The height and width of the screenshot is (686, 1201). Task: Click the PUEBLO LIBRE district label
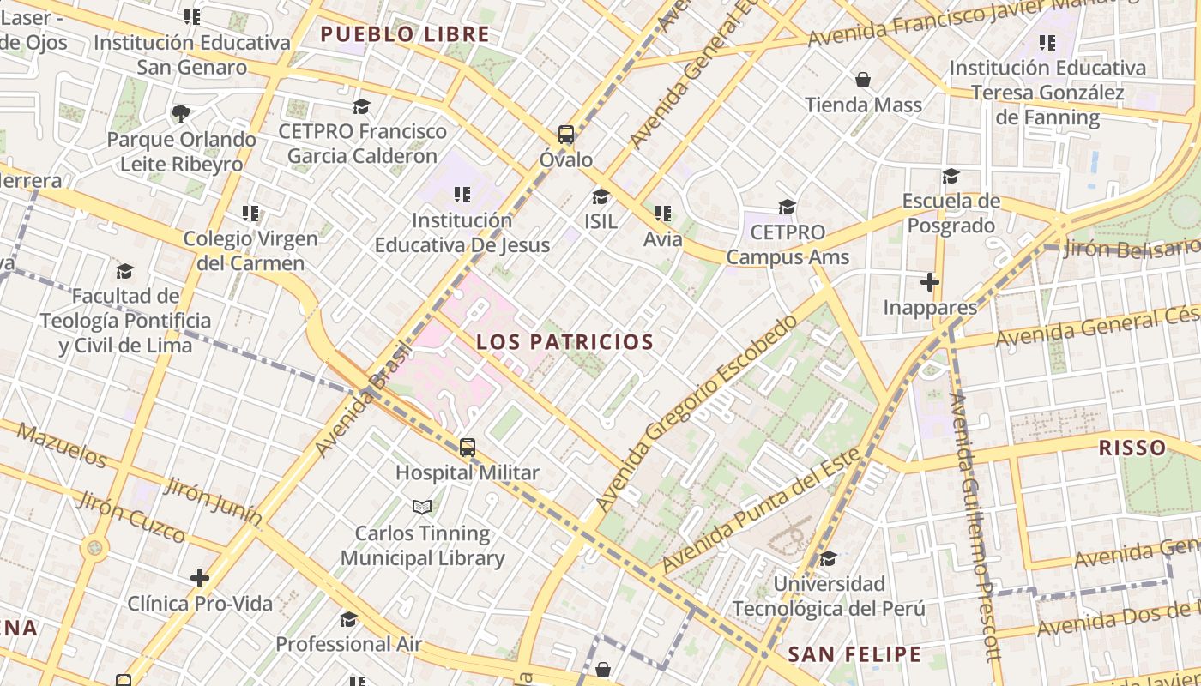coord(404,35)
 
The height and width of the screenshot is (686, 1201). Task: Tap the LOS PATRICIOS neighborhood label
coord(564,342)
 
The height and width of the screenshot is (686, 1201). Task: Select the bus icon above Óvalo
coord(566,134)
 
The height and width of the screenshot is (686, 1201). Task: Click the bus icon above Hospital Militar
coord(468,447)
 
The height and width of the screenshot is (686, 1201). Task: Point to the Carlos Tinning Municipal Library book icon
coord(422,508)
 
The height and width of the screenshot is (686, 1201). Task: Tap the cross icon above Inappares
coord(930,281)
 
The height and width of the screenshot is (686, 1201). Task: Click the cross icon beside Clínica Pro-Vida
coord(200,578)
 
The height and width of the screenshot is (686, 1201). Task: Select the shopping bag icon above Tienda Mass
coord(863,80)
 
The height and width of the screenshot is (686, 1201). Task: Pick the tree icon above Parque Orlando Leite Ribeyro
coord(181,113)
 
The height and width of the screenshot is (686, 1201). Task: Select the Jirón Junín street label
coord(213,500)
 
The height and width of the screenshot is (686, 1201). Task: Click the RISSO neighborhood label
coord(1132,448)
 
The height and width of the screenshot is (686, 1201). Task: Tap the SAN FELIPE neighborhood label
coord(854,655)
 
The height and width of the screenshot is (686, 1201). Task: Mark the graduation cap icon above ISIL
coord(600,196)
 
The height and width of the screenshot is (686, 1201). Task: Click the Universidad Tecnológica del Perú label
coord(829,596)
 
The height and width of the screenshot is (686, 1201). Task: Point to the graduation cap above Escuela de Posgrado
coord(951,176)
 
